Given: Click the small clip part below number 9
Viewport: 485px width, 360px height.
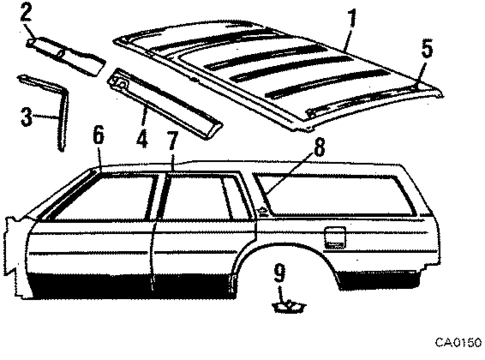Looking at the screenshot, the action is (x=283, y=304).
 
